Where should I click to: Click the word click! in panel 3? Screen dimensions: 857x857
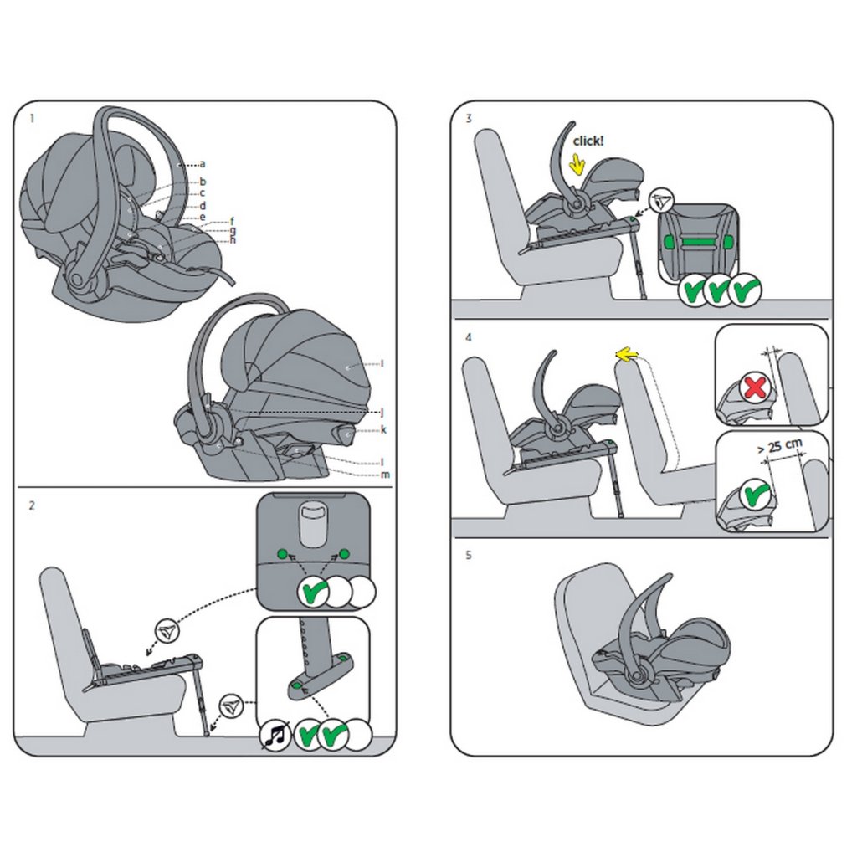click(x=588, y=141)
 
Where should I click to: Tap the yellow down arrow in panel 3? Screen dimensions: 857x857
click(x=576, y=163)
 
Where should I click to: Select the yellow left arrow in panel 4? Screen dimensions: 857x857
click(x=626, y=356)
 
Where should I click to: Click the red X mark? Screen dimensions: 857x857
click(x=755, y=387)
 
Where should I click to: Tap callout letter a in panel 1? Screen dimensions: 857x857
click(x=203, y=163)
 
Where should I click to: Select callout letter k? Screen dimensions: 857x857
click(x=383, y=429)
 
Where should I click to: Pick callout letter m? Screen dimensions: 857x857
click(x=385, y=475)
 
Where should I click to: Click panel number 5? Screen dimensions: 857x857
click(x=469, y=556)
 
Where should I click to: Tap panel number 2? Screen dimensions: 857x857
click(x=32, y=505)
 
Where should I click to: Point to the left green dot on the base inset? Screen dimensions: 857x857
click(x=282, y=554)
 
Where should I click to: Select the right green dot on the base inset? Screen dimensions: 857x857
click(x=344, y=554)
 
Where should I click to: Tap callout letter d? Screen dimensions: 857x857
click(x=203, y=206)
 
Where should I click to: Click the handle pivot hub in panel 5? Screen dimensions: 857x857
click(x=637, y=676)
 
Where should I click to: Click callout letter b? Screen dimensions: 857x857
click(x=203, y=182)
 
